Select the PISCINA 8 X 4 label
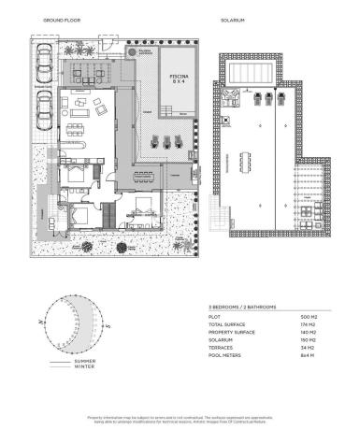pyautogui.click(x=177, y=79)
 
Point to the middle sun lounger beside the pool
pyautogui.click(x=167, y=143)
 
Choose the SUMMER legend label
pyautogui.click(x=86, y=360)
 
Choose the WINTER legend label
pyautogui.click(x=86, y=366)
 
